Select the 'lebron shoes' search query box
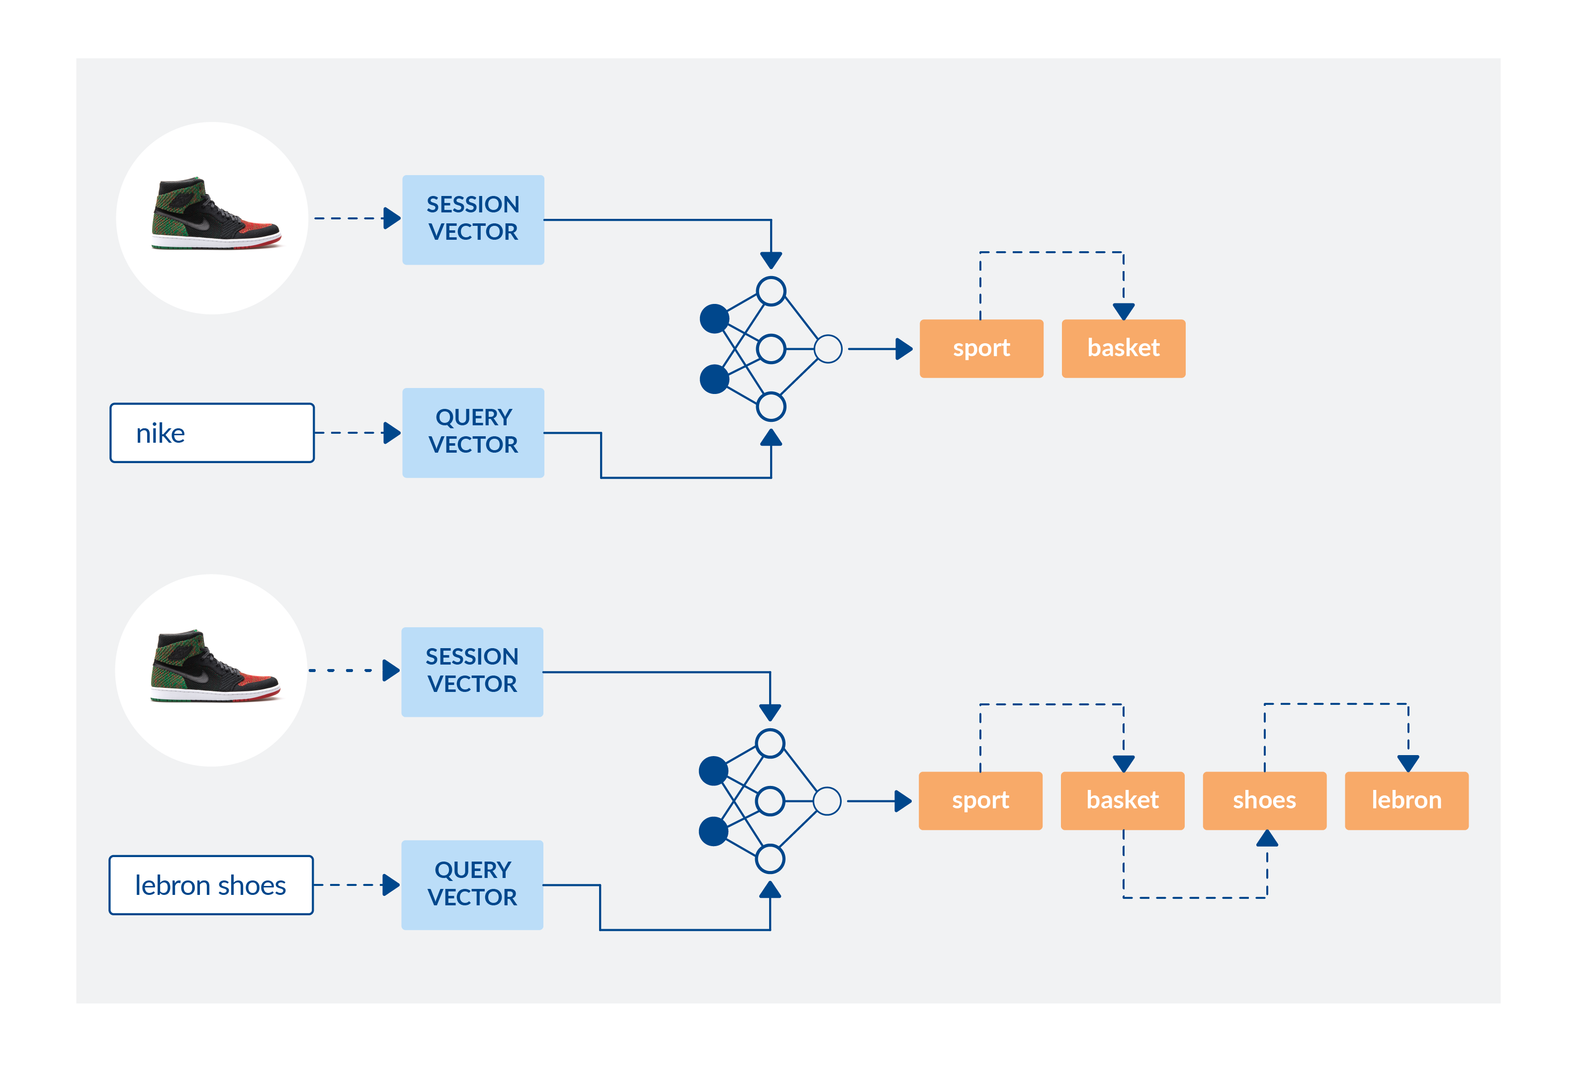coord(211,885)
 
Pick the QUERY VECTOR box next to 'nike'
coord(473,432)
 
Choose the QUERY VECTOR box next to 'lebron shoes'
coord(472,884)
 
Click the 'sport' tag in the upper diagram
coord(981,348)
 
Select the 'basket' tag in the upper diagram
coord(1123,348)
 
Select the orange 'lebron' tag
coord(1406,800)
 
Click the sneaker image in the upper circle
coord(215,215)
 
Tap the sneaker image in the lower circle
coord(214,667)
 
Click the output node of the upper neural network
coord(828,349)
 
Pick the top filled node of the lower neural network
coord(713,771)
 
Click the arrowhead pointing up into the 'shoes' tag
coord(1267,839)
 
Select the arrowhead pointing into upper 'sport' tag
coord(904,349)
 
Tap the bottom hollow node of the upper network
coord(771,407)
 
